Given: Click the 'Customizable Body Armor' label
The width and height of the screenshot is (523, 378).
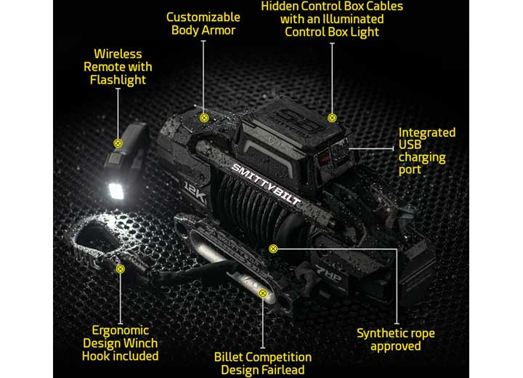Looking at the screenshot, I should (x=203, y=23).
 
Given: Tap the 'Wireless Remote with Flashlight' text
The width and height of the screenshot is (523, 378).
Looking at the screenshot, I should (x=118, y=67).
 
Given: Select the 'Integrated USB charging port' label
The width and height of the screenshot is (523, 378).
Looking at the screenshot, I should (x=427, y=151).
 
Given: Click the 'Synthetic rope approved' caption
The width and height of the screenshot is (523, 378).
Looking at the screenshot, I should (x=396, y=339).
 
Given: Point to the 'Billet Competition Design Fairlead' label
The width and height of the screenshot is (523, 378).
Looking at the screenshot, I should (x=263, y=363).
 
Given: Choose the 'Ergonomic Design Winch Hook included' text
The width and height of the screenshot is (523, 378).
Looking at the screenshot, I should (x=120, y=343).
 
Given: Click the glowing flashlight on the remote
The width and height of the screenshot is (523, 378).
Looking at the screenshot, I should (x=115, y=190).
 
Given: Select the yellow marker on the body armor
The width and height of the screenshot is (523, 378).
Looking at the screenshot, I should (x=204, y=117).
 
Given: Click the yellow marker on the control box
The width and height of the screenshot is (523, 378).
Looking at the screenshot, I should (x=332, y=117).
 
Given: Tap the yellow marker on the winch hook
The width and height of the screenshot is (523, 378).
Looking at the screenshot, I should (x=120, y=268).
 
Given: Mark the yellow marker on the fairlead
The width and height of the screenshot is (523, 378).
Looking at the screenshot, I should (x=263, y=294).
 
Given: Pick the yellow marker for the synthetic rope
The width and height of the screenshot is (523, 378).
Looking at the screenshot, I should (x=273, y=249).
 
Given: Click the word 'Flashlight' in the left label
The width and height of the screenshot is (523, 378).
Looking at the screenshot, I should (x=118, y=80).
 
